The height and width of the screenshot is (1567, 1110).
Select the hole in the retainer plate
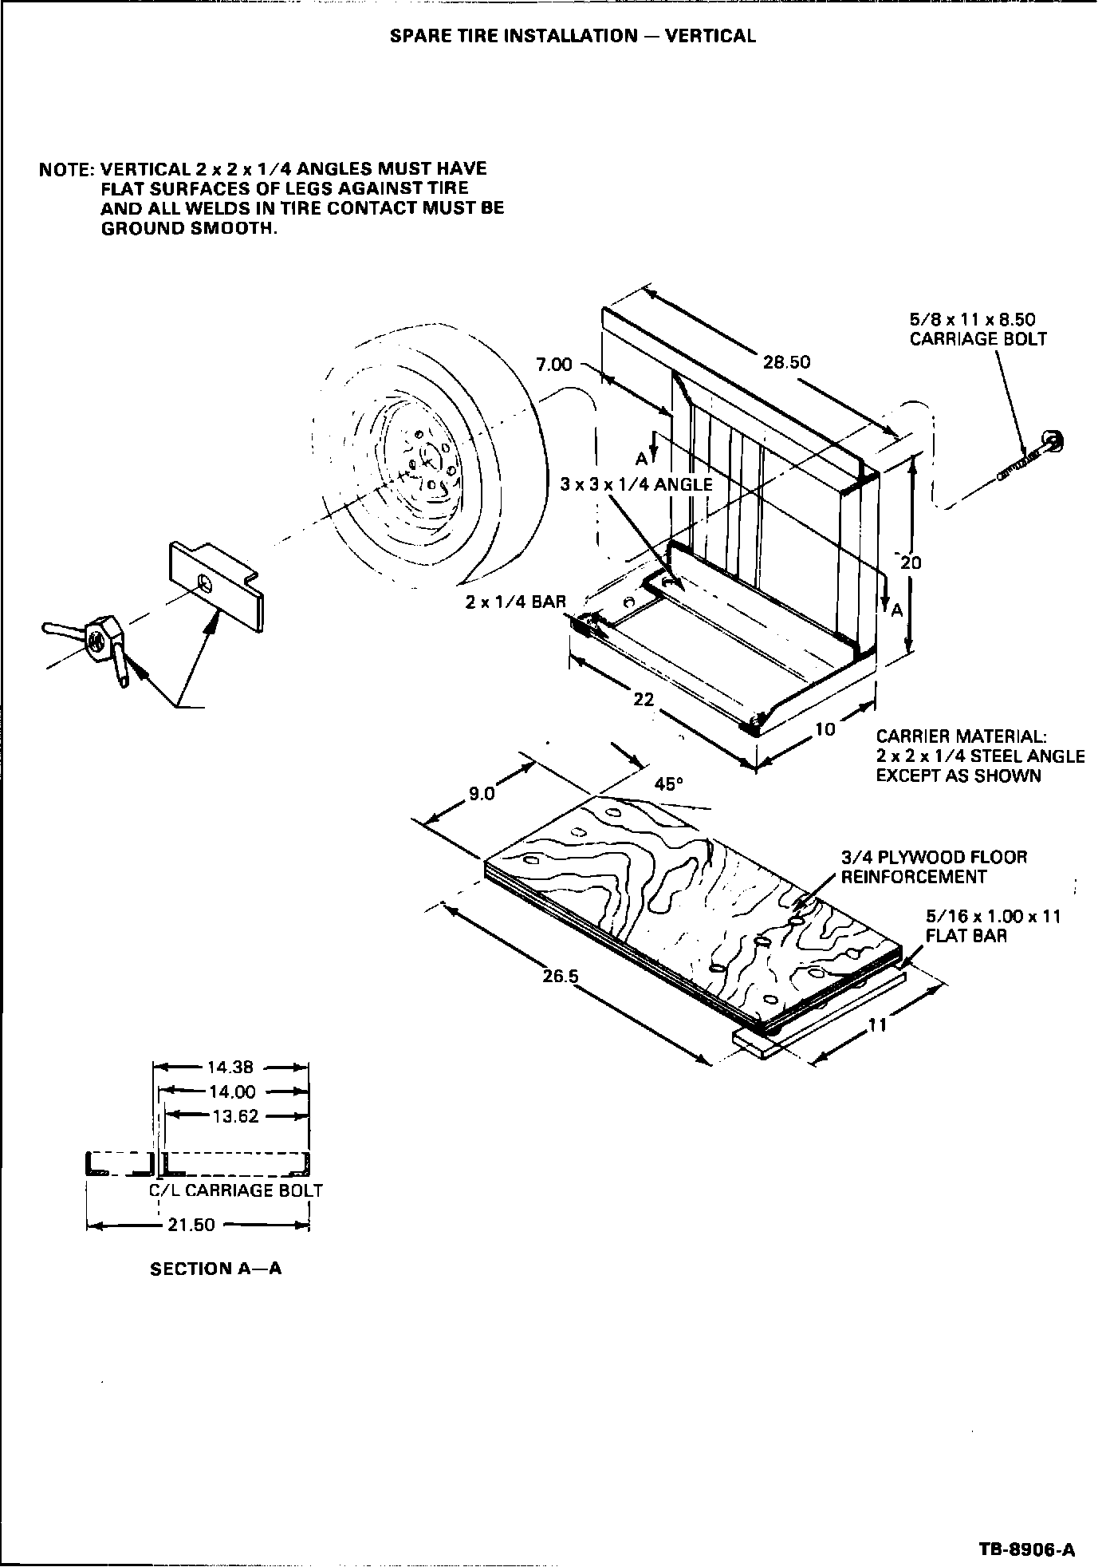tap(206, 582)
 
